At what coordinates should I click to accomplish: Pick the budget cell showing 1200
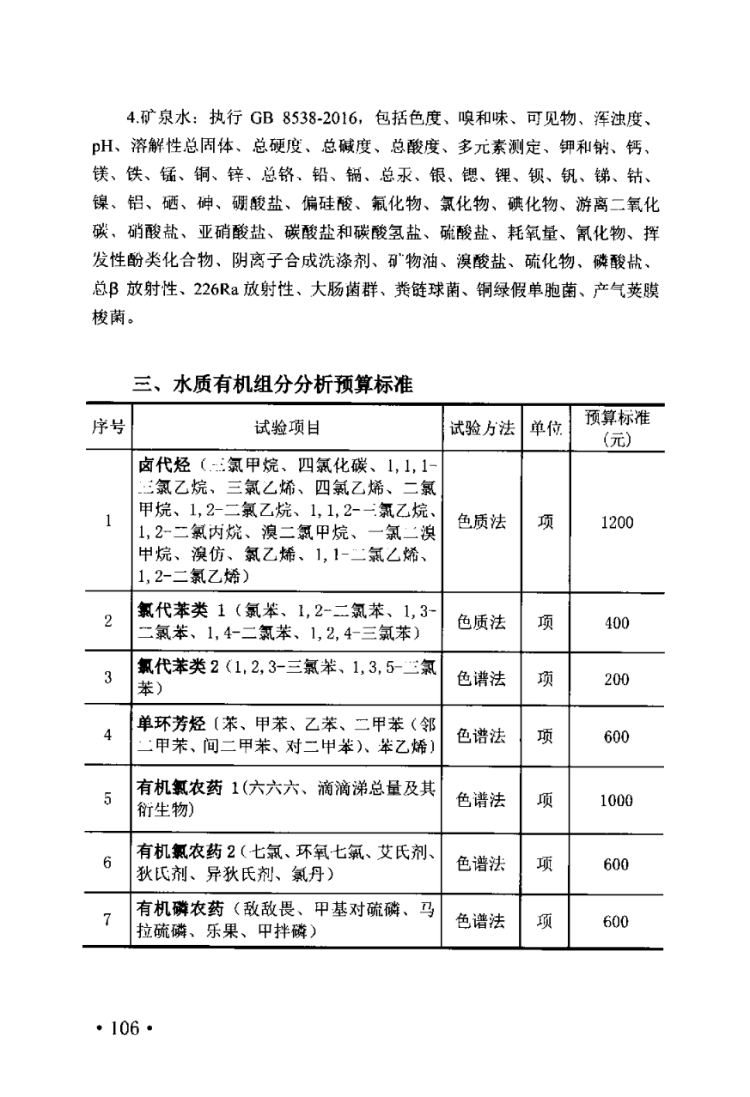[616, 522]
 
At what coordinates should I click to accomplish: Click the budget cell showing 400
[616, 623]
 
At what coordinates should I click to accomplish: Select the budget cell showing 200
[616, 679]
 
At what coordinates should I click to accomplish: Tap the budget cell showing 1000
[616, 800]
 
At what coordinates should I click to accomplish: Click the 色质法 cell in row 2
[481, 623]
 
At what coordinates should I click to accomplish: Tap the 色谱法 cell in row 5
[481, 800]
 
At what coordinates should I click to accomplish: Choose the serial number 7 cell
[108, 920]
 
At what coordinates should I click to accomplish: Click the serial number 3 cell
[108, 678]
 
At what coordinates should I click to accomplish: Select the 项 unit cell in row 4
[545, 736]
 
